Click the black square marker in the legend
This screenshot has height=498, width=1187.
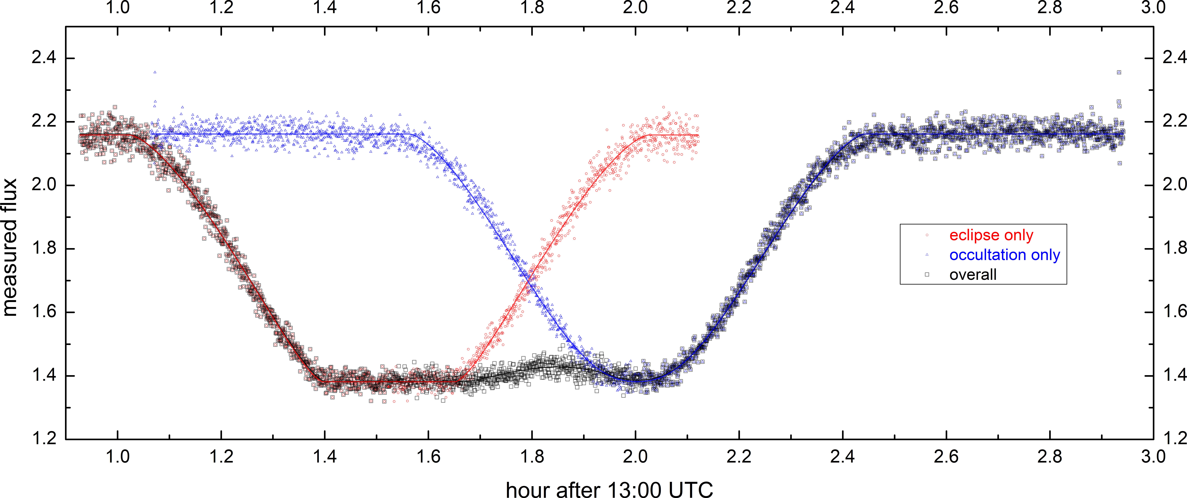coord(927,274)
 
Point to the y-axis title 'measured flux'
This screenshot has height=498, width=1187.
coord(10,248)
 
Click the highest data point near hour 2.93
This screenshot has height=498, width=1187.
coord(1119,72)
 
